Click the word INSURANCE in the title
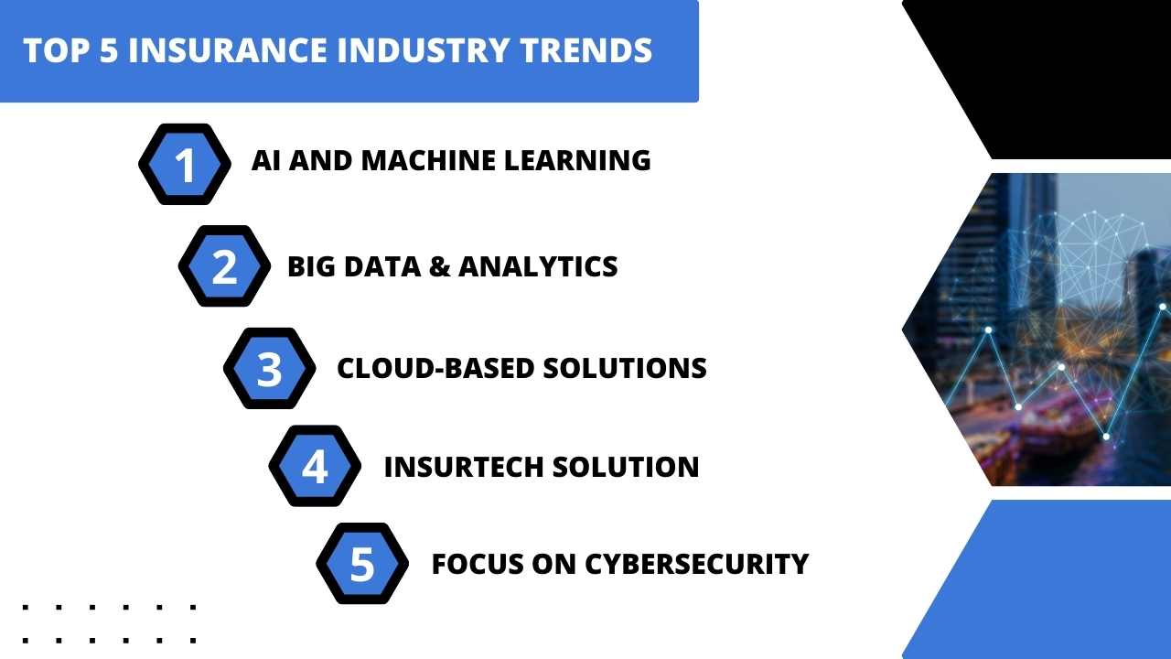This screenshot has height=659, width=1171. tap(228, 50)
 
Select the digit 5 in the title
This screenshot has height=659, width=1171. tap(109, 50)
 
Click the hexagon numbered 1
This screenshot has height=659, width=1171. tap(185, 164)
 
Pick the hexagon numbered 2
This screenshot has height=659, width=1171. tap(224, 265)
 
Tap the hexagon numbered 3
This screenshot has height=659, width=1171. tap(269, 368)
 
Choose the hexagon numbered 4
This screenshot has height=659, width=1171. tap(315, 466)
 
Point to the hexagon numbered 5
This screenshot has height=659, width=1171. tap(362, 563)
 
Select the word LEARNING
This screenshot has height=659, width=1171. tap(577, 160)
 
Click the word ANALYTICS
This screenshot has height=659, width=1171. tap(538, 266)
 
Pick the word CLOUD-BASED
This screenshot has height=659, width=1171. tap(435, 368)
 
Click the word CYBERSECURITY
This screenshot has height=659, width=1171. tap(696, 564)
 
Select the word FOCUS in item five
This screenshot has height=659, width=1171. tap(478, 564)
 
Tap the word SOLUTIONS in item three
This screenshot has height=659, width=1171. tap(625, 368)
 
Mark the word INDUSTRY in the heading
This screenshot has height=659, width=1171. tap(423, 50)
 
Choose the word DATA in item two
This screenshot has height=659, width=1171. tap(382, 266)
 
